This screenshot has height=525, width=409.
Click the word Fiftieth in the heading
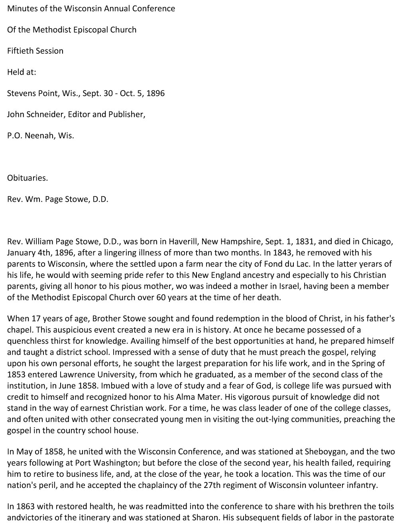click(x=20, y=51)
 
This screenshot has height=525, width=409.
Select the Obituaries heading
click(x=27, y=178)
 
